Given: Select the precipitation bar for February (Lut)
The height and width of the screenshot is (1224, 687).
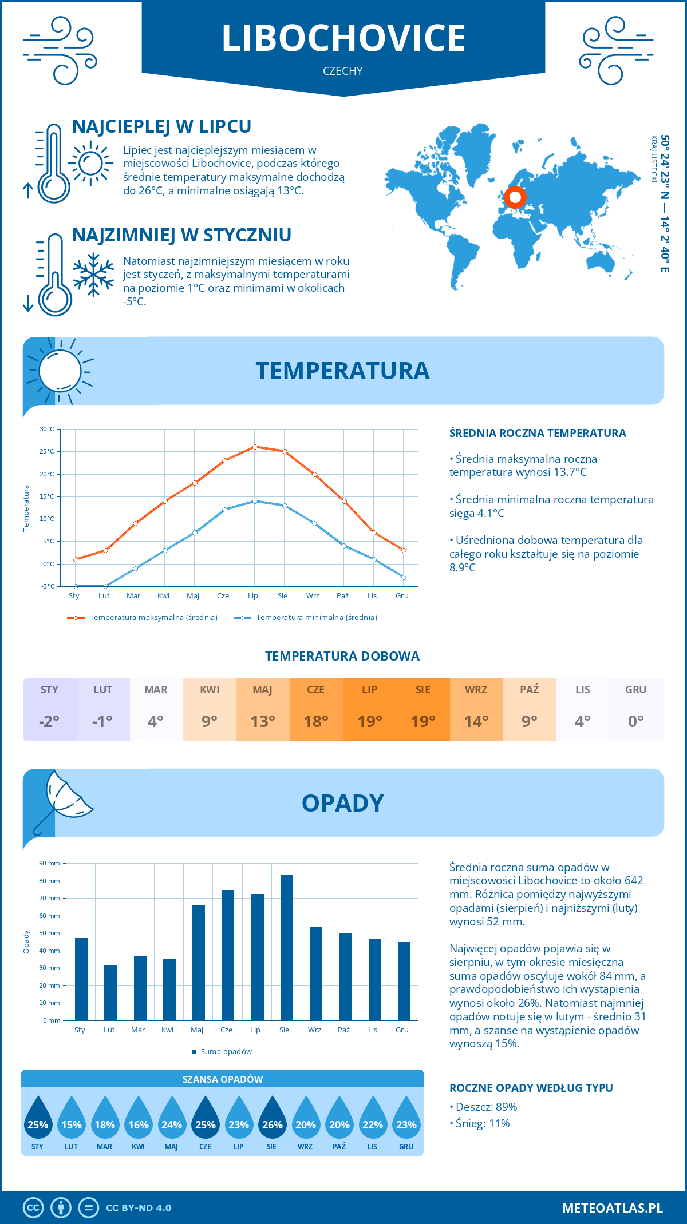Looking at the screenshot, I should pyautogui.click(x=110, y=993).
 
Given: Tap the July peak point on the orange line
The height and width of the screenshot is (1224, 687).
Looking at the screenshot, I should pyautogui.click(x=255, y=447).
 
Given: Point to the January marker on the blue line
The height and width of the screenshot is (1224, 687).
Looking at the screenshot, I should pyautogui.click(x=76, y=586).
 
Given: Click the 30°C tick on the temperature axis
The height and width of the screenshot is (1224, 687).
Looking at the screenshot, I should pyautogui.click(x=47, y=429).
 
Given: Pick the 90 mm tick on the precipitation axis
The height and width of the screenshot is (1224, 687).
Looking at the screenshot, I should pyautogui.click(x=50, y=863).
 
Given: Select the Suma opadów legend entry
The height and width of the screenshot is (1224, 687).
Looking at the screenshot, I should pyautogui.click(x=226, y=1052).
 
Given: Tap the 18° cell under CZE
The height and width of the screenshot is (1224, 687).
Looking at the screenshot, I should pyautogui.click(x=316, y=721).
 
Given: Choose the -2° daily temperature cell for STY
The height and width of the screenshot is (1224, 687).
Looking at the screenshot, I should pyautogui.click(x=49, y=721).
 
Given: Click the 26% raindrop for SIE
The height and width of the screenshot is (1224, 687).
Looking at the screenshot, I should pyautogui.click(x=272, y=1118).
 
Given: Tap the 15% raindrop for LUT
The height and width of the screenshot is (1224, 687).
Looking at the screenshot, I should pyautogui.click(x=72, y=1118).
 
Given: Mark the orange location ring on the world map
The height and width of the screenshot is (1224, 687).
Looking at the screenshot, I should pyautogui.click(x=515, y=197).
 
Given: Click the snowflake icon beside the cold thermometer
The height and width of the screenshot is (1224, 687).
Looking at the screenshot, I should pyautogui.click(x=93, y=275).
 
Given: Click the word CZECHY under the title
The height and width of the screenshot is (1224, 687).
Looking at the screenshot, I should pyautogui.click(x=343, y=71).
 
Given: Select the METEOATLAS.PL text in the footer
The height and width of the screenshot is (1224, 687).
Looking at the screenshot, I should pyautogui.click(x=613, y=1208).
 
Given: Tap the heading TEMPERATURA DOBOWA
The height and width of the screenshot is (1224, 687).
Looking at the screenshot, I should pyautogui.click(x=342, y=656).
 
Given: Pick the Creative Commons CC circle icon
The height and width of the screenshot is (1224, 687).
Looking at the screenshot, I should pyautogui.click(x=33, y=1208).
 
